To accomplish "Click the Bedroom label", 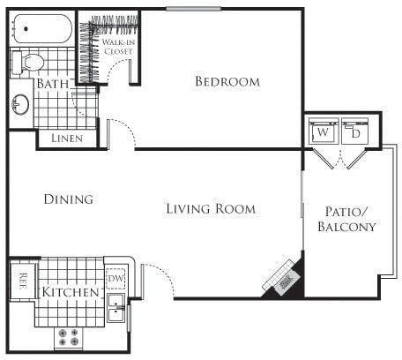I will (227, 82).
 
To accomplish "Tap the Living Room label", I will (211, 209).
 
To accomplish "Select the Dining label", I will (68, 199).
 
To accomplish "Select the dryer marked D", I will (355, 133).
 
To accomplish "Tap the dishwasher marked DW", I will (115, 278).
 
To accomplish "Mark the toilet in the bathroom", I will (29, 62).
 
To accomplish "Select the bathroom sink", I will (20, 104).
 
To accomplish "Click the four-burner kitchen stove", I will (68, 338).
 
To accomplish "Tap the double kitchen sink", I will (115, 308).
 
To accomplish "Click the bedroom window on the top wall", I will (194, 10).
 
